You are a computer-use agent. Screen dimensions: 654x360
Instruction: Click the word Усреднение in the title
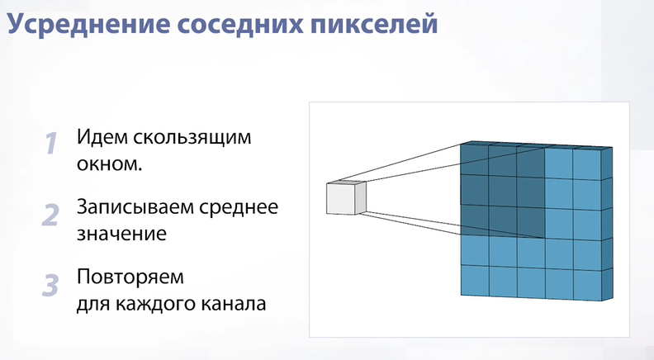[89, 24]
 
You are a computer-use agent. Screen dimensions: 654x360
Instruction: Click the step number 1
[51, 144]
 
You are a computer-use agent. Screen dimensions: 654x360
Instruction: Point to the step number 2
[50, 215]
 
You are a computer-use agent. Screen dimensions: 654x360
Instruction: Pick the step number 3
[50, 286]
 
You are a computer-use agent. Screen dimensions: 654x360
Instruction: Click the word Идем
[102, 138]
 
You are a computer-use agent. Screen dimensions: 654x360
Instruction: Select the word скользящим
[192, 138]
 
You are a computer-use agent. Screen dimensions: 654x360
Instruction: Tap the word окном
[109, 164]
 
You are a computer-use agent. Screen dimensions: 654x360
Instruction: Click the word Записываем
[135, 207]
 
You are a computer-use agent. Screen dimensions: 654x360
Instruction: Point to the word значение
[121, 234]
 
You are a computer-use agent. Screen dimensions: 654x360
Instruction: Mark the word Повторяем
[130, 277]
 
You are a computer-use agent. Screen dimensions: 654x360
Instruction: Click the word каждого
[155, 304]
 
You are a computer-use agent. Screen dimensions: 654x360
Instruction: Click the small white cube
[345, 197]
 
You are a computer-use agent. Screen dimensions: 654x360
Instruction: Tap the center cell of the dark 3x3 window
[503, 191]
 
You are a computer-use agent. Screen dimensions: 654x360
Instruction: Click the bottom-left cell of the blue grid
[475, 280]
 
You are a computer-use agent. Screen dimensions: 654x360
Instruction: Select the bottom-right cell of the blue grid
[587, 285]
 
